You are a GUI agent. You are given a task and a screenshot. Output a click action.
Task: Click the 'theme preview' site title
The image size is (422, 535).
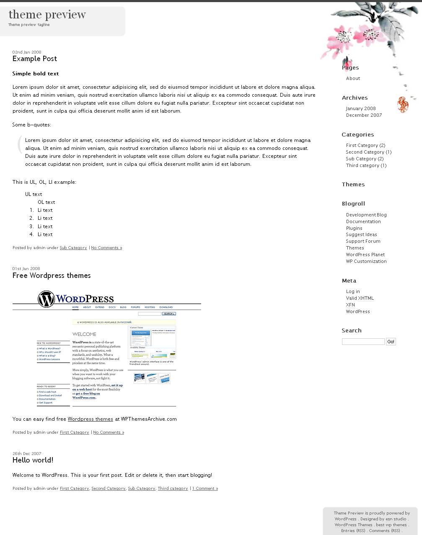coord(47,15)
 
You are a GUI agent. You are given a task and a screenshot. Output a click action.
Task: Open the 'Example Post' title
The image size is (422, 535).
coord(35,59)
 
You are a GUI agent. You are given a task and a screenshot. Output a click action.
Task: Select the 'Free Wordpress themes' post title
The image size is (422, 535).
coord(52,275)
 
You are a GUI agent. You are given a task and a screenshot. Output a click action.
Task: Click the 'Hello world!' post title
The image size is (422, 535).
coord(33,460)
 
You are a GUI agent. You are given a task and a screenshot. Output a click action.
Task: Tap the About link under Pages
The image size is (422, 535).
coord(353,78)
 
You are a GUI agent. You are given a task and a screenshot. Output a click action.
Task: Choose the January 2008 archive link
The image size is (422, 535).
coord(361,108)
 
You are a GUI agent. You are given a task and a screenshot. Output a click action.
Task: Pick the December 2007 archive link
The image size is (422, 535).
coord(364,115)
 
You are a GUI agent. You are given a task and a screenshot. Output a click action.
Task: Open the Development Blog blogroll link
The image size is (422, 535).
coord(366,215)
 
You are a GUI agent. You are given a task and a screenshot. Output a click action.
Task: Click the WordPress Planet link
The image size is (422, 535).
coord(365,255)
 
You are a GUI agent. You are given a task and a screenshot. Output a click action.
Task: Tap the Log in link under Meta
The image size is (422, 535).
coord(353,291)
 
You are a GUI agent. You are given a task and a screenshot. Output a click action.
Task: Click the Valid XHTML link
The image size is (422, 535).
coord(360,298)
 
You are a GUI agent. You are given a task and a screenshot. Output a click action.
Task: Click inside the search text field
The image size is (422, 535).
coord(363,342)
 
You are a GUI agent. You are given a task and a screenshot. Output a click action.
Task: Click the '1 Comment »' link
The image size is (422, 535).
coord(205,489)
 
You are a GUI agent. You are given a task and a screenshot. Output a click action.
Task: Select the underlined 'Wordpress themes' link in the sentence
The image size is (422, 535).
coord(90,419)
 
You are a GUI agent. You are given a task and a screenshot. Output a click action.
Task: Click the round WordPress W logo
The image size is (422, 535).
coord(46,299)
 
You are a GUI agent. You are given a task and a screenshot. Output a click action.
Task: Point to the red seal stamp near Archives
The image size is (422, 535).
coord(402,104)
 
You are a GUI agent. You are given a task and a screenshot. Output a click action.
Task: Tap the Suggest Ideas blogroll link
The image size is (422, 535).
coord(361,234)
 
